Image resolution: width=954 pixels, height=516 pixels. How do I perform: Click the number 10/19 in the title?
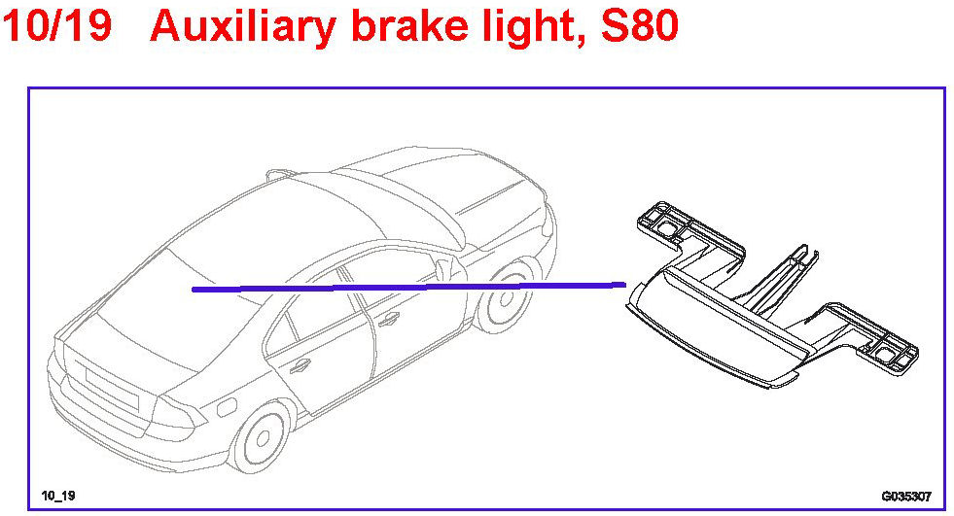pos(58,27)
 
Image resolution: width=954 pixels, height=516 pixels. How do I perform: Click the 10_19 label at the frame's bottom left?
pos(57,496)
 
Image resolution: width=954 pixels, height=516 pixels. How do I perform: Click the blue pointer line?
pos(408,287)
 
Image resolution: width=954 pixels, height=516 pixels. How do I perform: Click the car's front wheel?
pos(508,295)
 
